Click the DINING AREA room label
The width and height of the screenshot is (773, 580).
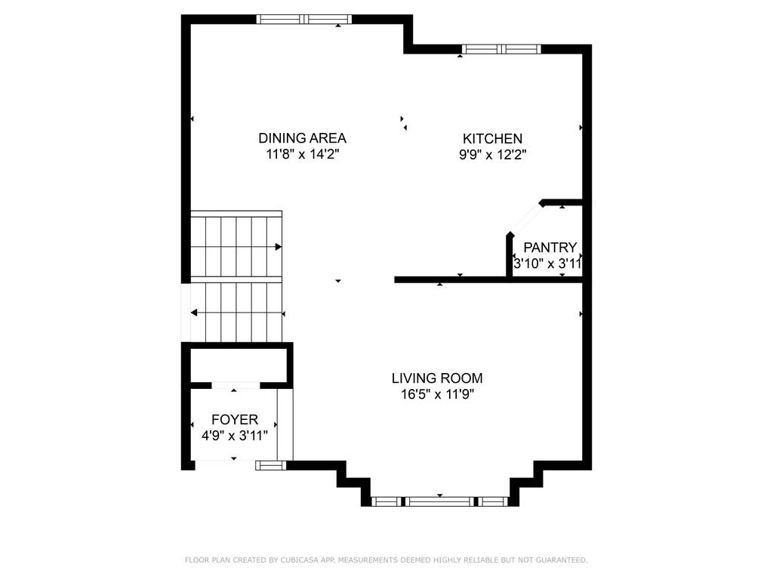click(302, 138)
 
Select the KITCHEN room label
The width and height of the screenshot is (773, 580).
click(492, 139)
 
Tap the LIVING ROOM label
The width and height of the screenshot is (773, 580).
click(437, 378)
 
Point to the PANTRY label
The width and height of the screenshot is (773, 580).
click(550, 247)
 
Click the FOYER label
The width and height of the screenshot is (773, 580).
click(235, 420)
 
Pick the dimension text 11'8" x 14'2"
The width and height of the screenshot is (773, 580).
click(303, 154)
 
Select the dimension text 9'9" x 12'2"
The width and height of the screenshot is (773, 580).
click(493, 155)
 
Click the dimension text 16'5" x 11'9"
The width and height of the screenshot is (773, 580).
click(438, 394)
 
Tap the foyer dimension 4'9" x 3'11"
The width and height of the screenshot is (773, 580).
click(235, 436)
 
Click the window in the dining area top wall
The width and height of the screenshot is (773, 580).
click(304, 19)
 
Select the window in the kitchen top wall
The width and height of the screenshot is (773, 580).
click(501, 49)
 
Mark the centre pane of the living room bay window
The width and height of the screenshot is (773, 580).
click(440, 501)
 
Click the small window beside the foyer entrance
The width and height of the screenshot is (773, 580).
click(271, 465)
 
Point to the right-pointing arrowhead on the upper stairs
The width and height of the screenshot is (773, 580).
click(279, 247)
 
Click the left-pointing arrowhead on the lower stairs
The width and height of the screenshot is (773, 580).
click(194, 313)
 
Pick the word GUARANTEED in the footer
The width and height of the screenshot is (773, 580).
click(562, 560)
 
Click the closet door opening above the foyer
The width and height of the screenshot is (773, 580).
click(236, 385)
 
